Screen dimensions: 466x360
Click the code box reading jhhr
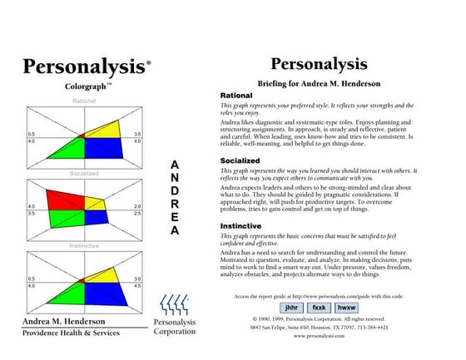pyautogui.click(x=292, y=308)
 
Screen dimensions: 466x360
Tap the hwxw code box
pyautogui.click(x=347, y=308)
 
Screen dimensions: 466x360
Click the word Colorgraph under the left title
pyautogui.click(x=86, y=85)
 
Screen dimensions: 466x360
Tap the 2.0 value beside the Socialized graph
pyautogui.click(x=137, y=205)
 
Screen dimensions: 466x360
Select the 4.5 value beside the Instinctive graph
pyautogui.click(x=137, y=286)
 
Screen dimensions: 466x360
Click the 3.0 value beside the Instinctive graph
pyautogui.click(x=137, y=279)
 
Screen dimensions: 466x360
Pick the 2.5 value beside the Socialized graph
pyautogui.click(x=137, y=214)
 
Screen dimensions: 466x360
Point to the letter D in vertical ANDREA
pyautogui.click(x=174, y=190)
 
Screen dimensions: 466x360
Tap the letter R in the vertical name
pyautogui.click(x=174, y=204)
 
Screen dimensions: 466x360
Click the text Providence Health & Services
pyautogui.click(x=70, y=333)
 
